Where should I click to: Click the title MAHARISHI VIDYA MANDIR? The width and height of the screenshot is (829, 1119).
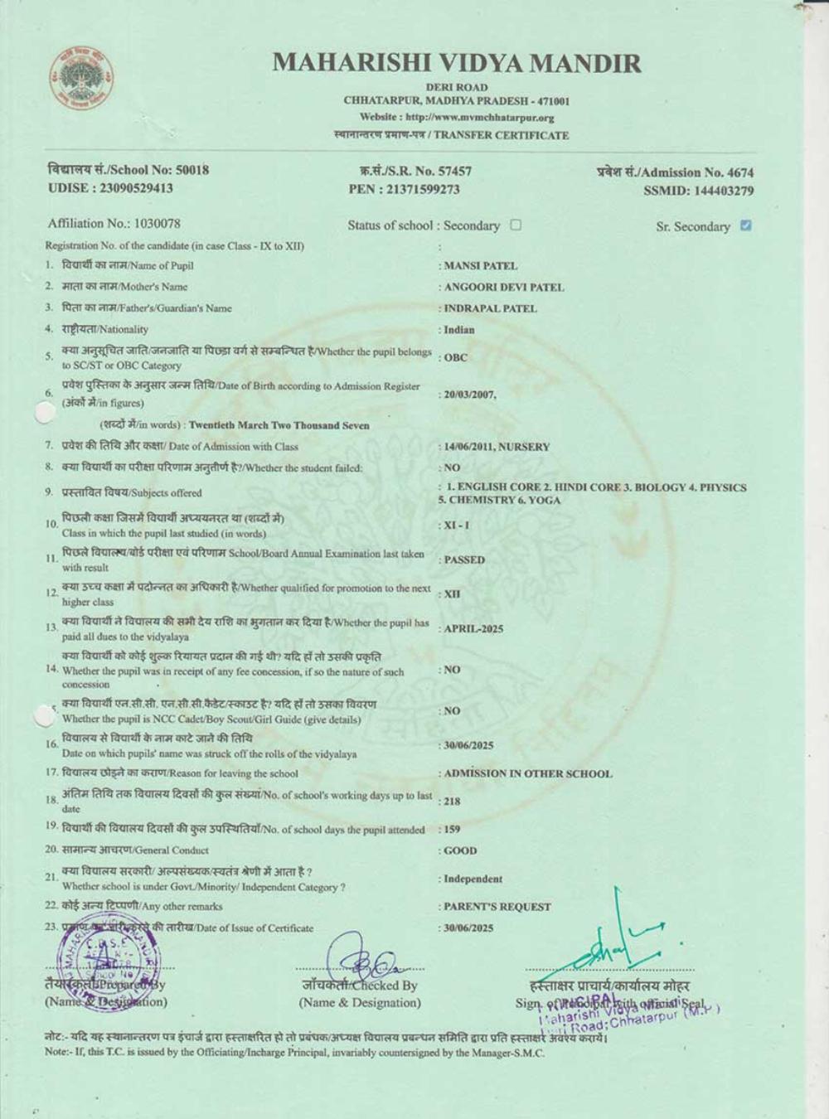tap(457, 63)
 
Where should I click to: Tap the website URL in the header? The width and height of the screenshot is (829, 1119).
tap(457, 118)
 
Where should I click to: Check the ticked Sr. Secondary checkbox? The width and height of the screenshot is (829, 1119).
tap(745, 225)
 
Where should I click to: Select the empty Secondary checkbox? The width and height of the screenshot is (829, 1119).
tap(516, 225)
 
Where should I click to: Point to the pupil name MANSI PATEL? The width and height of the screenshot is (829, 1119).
tap(481, 266)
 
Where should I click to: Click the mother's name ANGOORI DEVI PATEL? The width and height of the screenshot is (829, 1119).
tap(504, 288)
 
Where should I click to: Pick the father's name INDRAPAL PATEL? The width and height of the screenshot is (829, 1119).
tap(491, 308)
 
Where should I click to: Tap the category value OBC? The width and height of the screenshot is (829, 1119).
tap(456, 358)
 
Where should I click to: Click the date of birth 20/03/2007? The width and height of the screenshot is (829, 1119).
tap(470, 395)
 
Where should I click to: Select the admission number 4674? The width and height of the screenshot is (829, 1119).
tap(740, 172)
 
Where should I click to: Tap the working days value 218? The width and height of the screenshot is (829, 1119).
tap(452, 802)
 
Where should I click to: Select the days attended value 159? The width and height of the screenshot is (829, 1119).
tap(452, 829)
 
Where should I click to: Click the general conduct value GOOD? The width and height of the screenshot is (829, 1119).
tap(460, 850)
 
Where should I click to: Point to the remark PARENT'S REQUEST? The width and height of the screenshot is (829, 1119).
tap(497, 907)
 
